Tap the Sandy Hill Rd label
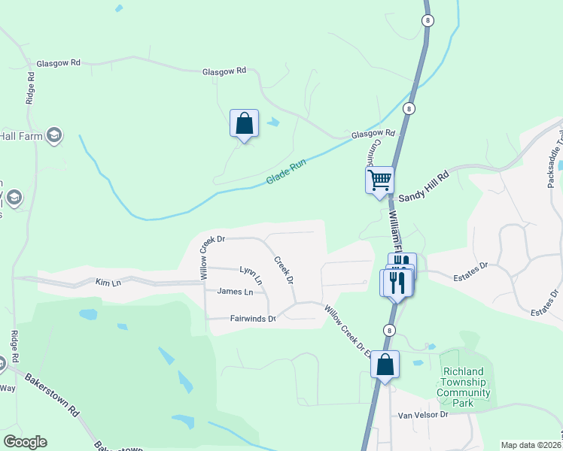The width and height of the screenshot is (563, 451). (x=423, y=186)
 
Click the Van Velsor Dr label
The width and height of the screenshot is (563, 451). (x=423, y=414)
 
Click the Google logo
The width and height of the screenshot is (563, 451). (x=25, y=442)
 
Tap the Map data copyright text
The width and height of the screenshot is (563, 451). (x=530, y=445)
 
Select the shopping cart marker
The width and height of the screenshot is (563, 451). (x=379, y=180)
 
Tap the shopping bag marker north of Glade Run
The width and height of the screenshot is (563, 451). (x=244, y=123)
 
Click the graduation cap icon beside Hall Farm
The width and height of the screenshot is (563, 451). (x=53, y=135)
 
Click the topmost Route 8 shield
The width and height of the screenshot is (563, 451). (x=428, y=20)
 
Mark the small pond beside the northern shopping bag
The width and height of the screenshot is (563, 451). (x=272, y=122)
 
